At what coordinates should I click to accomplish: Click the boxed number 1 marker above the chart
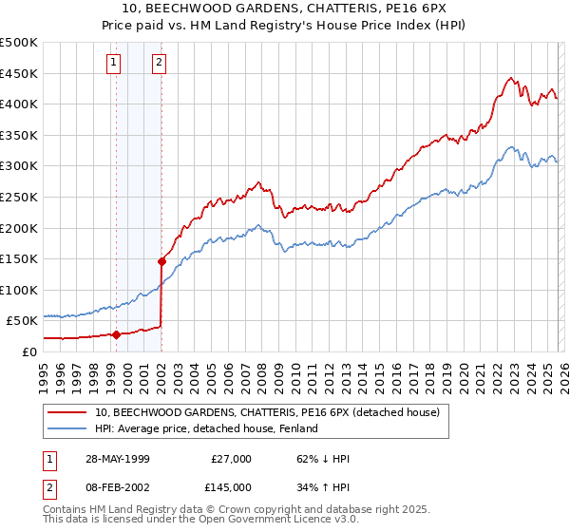coord(114,64)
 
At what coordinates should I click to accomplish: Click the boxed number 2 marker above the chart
coord(159,64)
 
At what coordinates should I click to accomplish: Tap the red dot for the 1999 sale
coord(117,334)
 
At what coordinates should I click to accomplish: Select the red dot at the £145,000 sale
coord(161,261)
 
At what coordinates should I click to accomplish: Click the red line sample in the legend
coord(67,413)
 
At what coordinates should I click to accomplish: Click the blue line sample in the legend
coord(67,428)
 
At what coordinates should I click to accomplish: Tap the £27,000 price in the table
coord(231,459)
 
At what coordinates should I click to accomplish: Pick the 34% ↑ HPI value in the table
coord(324,486)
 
